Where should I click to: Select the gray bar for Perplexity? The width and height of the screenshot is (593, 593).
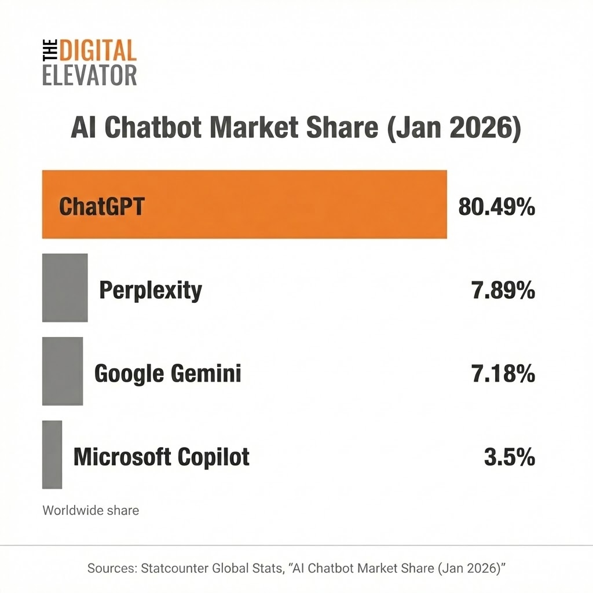65,288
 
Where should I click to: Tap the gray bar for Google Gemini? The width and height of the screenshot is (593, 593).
63,371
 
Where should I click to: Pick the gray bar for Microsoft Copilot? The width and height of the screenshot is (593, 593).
52,455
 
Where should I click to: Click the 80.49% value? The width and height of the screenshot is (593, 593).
496,206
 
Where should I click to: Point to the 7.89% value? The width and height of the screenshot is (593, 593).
503,290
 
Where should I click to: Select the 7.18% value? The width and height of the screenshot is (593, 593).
503,374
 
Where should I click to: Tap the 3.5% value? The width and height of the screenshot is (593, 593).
509,457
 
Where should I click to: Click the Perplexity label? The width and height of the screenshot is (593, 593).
151,290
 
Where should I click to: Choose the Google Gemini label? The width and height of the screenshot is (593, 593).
167,374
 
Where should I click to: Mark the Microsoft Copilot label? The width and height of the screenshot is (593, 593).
162,457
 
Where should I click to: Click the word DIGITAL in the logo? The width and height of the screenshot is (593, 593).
97,52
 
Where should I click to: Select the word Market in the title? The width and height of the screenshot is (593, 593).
272,129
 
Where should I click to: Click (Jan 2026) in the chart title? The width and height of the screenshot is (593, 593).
452,129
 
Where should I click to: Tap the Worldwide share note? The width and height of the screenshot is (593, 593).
90,510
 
